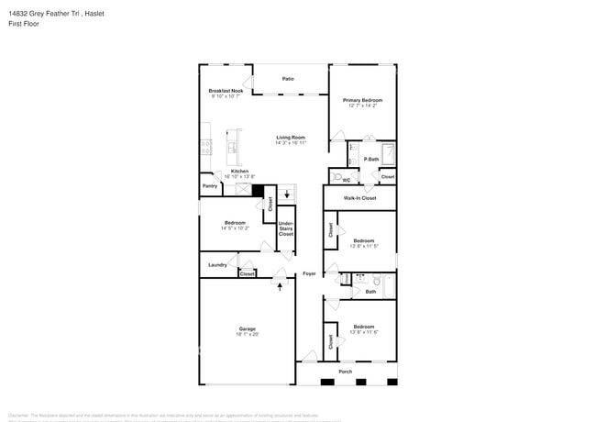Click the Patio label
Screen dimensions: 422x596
pos(288,79)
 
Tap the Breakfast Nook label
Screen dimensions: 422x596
pos(226,91)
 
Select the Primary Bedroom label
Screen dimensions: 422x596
pos(362,100)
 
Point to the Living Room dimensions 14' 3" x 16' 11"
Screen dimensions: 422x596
pos(290,143)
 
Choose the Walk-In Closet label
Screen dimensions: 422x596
pos(359,197)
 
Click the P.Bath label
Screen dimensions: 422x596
pos(371,160)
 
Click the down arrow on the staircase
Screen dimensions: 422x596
pos(287,194)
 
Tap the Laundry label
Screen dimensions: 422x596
pos(217,265)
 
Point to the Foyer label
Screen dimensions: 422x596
pos(310,273)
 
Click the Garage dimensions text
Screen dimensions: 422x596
pos(248,334)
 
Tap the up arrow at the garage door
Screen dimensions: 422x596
pos(280,287)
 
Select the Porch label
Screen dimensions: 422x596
pos(345,372)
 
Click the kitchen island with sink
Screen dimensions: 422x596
pos(232,143)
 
